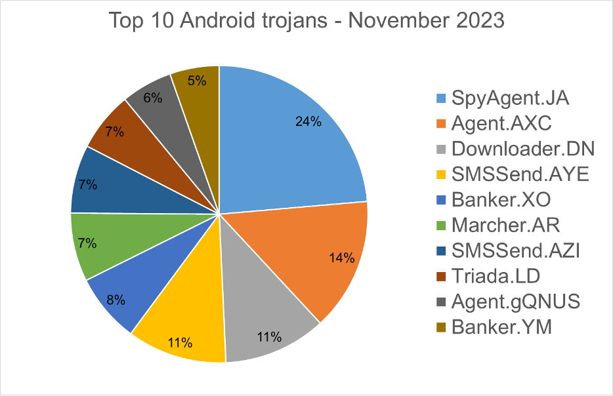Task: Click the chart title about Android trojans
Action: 306,21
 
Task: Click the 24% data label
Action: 307,121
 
